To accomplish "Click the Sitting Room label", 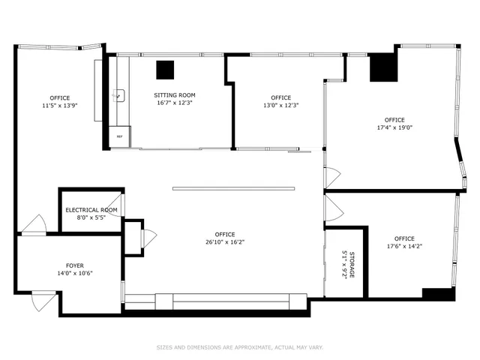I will pos(175,95).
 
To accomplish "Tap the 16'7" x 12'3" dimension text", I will pos(175,103).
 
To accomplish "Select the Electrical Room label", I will pos(91,209).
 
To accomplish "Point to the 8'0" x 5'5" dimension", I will pos(91,217).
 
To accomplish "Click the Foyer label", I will pos(75,265).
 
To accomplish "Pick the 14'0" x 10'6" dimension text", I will pos(75,273).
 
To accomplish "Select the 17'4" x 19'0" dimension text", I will pos(394,127).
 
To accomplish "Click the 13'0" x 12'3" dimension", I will pos(280,106).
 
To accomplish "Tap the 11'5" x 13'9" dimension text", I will pos(60,106).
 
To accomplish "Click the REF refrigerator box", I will pos(119,136).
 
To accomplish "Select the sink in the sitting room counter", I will pos(118,95).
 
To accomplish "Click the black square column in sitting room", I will pos(165,70).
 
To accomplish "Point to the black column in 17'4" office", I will pos(382,67).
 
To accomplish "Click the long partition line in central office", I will pos(234,188).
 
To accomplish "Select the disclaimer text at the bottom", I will pos(239,347).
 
